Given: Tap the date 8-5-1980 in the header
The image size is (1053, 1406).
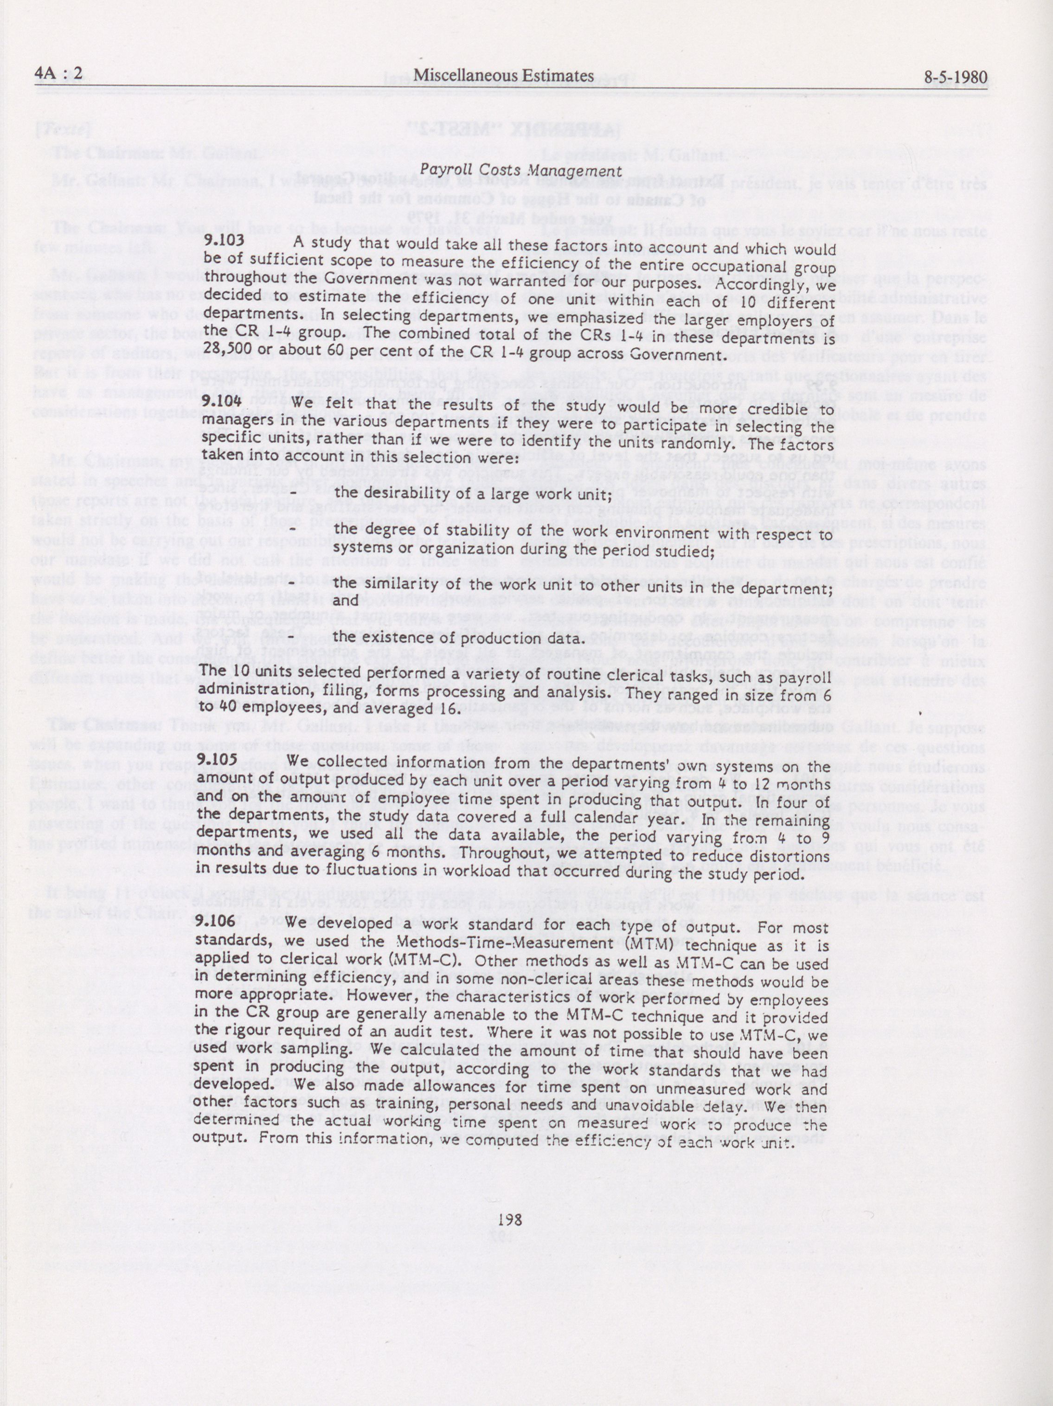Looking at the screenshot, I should [956, 78].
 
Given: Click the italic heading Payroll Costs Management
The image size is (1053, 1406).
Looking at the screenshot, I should [520, 170].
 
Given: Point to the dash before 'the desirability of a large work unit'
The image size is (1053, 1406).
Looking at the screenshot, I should [294, 493].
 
